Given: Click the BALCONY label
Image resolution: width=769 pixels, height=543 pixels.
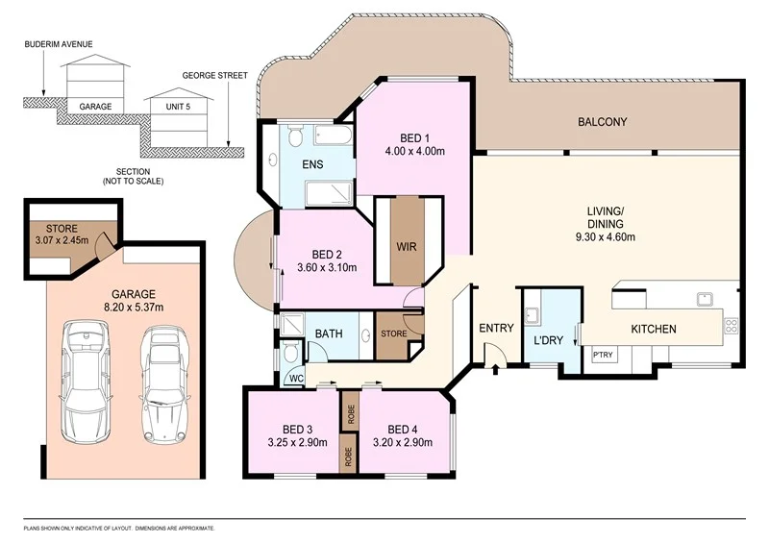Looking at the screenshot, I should tap(602, 122).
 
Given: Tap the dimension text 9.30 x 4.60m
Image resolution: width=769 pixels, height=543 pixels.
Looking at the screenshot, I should tap(607, 237).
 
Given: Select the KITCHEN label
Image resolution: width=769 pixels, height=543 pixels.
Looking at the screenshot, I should tap(653, 330).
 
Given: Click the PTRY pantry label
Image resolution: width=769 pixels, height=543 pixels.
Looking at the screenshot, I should tap(603, 356).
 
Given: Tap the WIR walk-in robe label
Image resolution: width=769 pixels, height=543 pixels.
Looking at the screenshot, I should tap(407, 245).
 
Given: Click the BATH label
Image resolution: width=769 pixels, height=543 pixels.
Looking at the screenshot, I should tap(330, 333).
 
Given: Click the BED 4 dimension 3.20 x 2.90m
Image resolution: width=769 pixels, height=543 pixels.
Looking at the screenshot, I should tap(403, 443).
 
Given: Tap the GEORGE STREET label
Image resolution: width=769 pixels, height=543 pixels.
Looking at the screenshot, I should tap(214, 75).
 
